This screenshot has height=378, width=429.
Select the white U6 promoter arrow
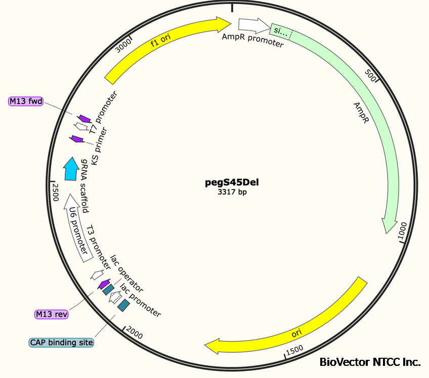pyautogui.click(x=79, y=227)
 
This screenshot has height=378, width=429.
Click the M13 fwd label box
pyautogui.click(x=26, y=102)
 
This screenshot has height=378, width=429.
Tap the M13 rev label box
pyautogui.click(x=52, y=314)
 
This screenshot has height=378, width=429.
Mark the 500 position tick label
pyautogui.click(x=371, y=76)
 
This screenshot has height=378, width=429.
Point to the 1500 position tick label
pyautogui.click(x=294, y=350)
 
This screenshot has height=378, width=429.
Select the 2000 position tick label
pyautogui.click(x=135, y=332)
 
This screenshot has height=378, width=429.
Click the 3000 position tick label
pyautogui.click(x=123, y=46)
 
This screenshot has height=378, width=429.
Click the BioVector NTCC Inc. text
pyautogui.click(x=370, y=362)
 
